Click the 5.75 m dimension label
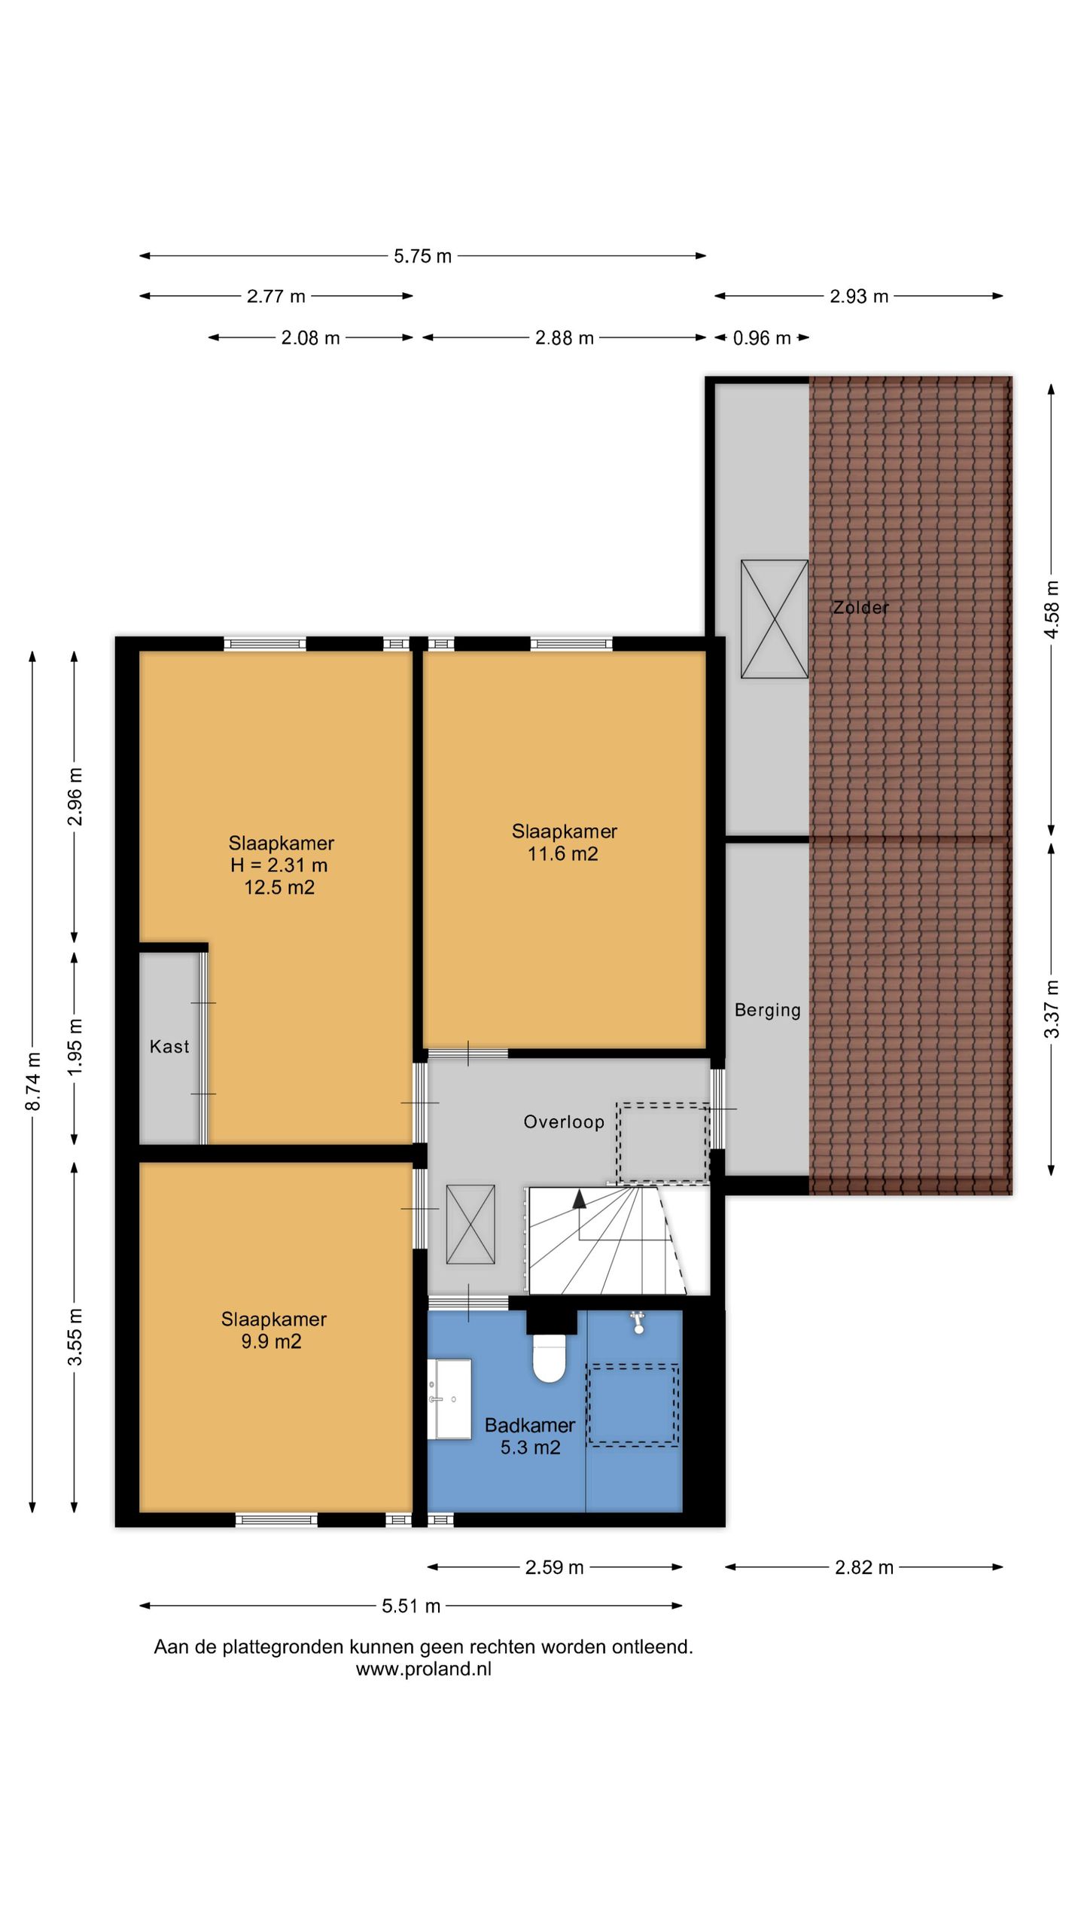422,256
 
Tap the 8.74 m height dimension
33,1081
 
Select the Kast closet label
169,1046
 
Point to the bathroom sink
449,1399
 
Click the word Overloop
564,1122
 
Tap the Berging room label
767,1011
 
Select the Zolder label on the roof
860,607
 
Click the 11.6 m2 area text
563,853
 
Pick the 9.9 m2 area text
271,1341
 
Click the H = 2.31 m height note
279,865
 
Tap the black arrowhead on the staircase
579,1198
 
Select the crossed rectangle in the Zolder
775,619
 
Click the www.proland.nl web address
424,1669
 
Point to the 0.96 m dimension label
762,338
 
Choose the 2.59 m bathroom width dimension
555,1567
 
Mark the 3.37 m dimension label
1052,1008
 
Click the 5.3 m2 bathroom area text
531,1447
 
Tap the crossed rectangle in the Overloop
470,1225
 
